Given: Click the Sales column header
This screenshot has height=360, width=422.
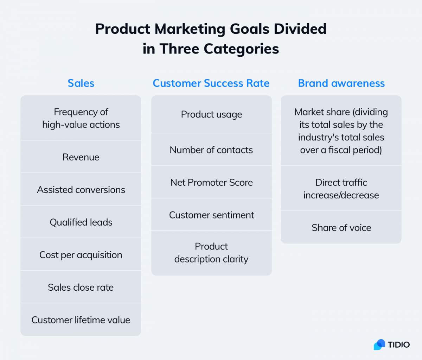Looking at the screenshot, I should click(81, 83).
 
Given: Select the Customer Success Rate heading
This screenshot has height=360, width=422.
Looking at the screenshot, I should click(211, 83).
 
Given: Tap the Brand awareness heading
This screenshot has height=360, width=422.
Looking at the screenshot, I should click(341, 83).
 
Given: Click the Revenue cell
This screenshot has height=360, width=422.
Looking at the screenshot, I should click(81, 157).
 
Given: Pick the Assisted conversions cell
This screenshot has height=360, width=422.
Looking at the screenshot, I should click(81, 190).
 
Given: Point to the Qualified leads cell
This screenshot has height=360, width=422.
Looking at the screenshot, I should click(81, 222).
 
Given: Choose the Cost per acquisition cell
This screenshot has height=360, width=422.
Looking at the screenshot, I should click(81, 255).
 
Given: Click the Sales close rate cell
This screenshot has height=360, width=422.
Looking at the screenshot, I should click(81, 288).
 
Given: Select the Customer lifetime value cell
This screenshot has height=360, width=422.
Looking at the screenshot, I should click(81, 320).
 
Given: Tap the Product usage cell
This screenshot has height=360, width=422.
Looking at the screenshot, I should click(211, 114).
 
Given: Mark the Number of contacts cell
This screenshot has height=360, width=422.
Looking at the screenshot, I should click(211, 150).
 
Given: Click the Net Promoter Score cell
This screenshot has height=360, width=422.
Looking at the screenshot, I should click(211, 182).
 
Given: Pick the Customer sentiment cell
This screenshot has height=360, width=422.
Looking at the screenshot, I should click(211, 215).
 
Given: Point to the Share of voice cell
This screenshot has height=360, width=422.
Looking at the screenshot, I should click(341, 228).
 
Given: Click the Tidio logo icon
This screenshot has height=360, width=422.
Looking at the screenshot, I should click(379, 345).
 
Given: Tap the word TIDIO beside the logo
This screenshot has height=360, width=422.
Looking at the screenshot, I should click(399, 345).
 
